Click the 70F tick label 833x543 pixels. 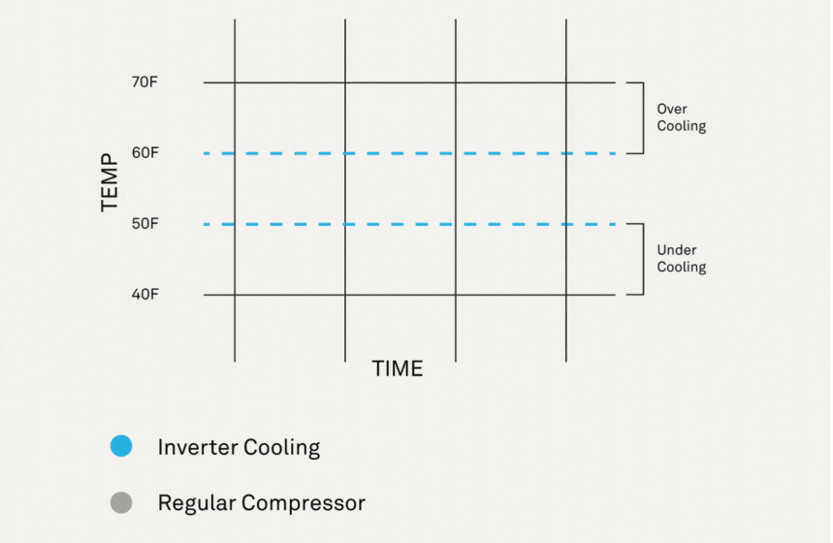click(144, 82)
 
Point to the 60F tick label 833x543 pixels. click(144, 153)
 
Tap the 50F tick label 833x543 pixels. click(144, 224)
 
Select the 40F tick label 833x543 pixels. click(144, 294)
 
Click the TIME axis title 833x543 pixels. click(398, 368)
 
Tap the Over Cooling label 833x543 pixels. click(681, 117)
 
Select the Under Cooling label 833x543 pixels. click(681, 259)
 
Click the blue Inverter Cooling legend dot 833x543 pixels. click(121, 447)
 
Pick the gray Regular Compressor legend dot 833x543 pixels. click(121, 503)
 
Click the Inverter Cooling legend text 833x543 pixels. click(239, 447)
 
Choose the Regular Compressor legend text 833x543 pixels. click(261, 503)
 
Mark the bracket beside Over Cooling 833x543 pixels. click(641, 117)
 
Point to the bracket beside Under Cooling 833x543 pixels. click(641, 259)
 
